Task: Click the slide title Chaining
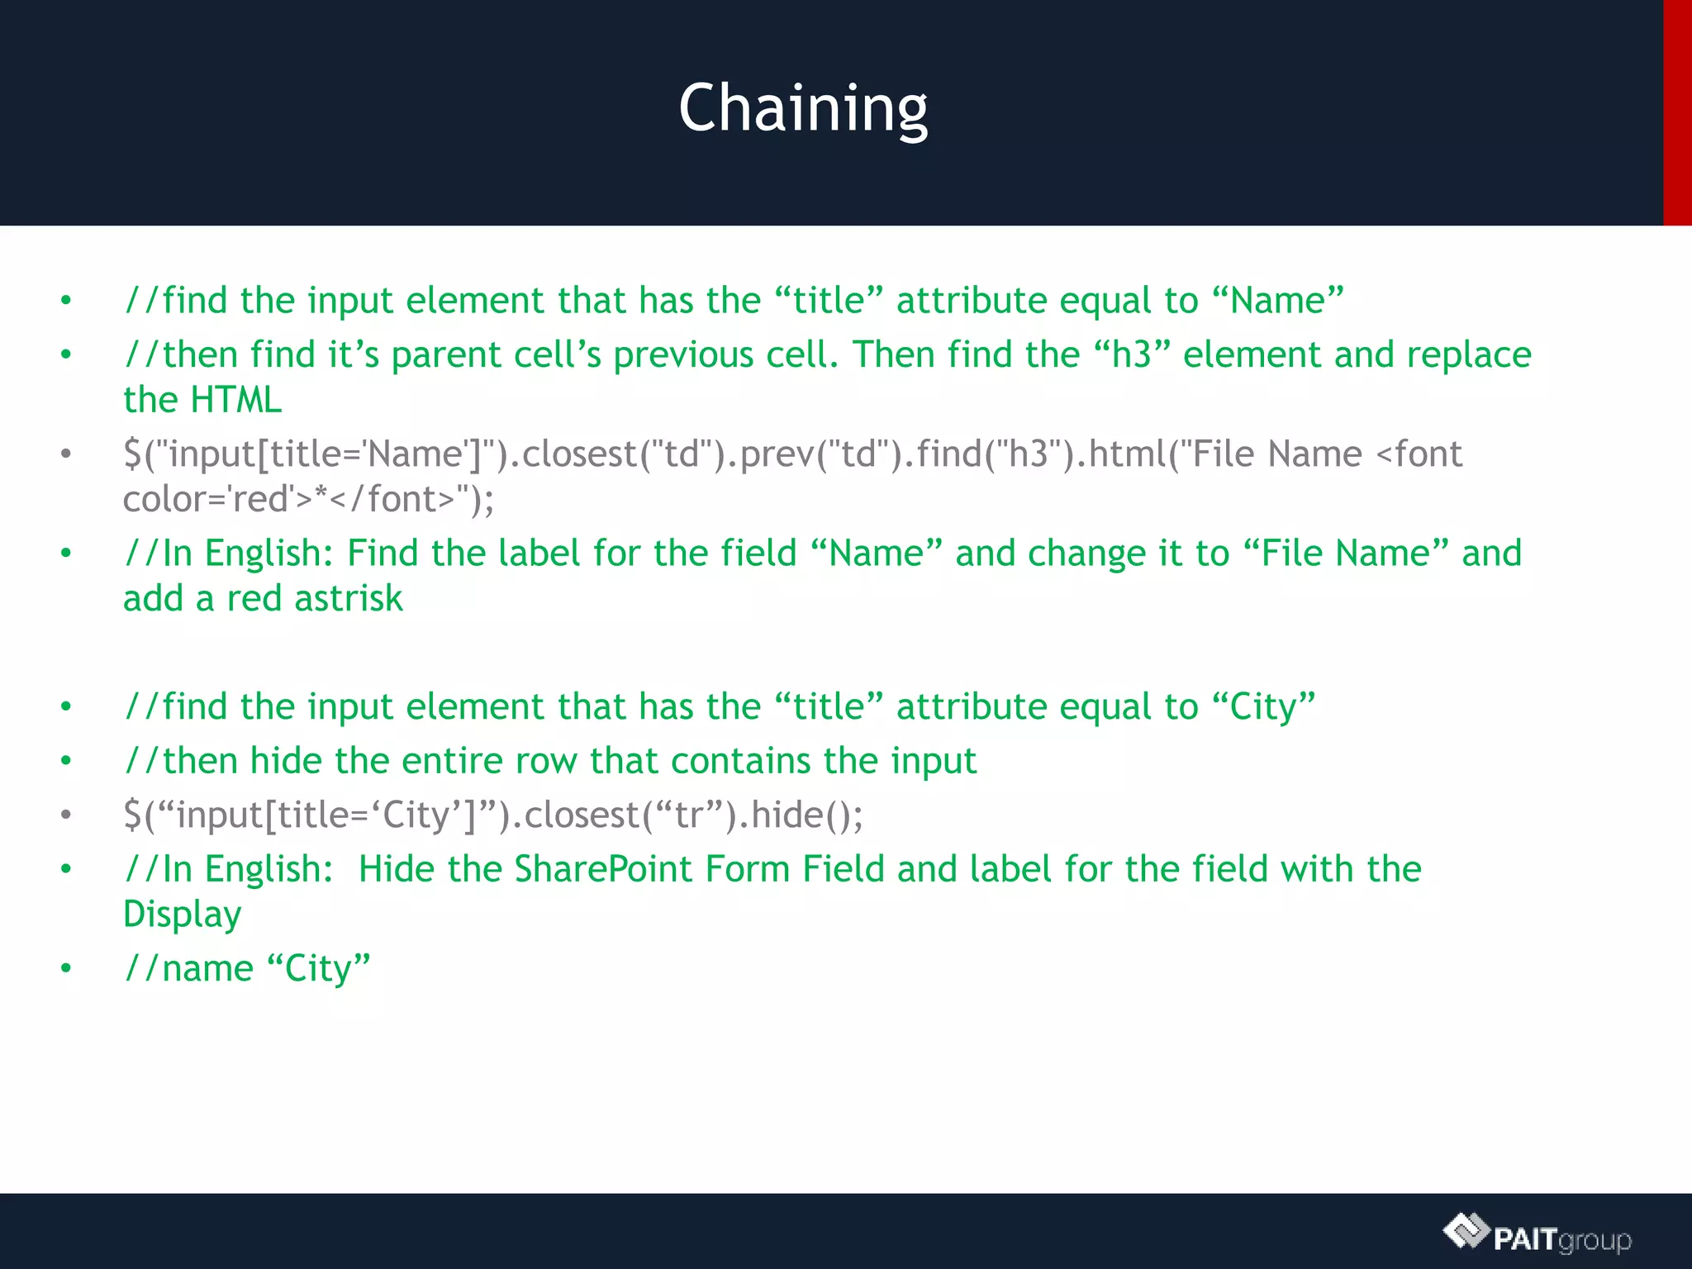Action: point(803,108)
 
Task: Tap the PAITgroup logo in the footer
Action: point(1538,1234)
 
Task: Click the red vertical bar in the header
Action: point(1677,112)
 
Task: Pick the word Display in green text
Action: point(182,915)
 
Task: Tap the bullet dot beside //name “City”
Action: point(66,968)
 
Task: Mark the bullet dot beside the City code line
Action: point(66,815)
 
